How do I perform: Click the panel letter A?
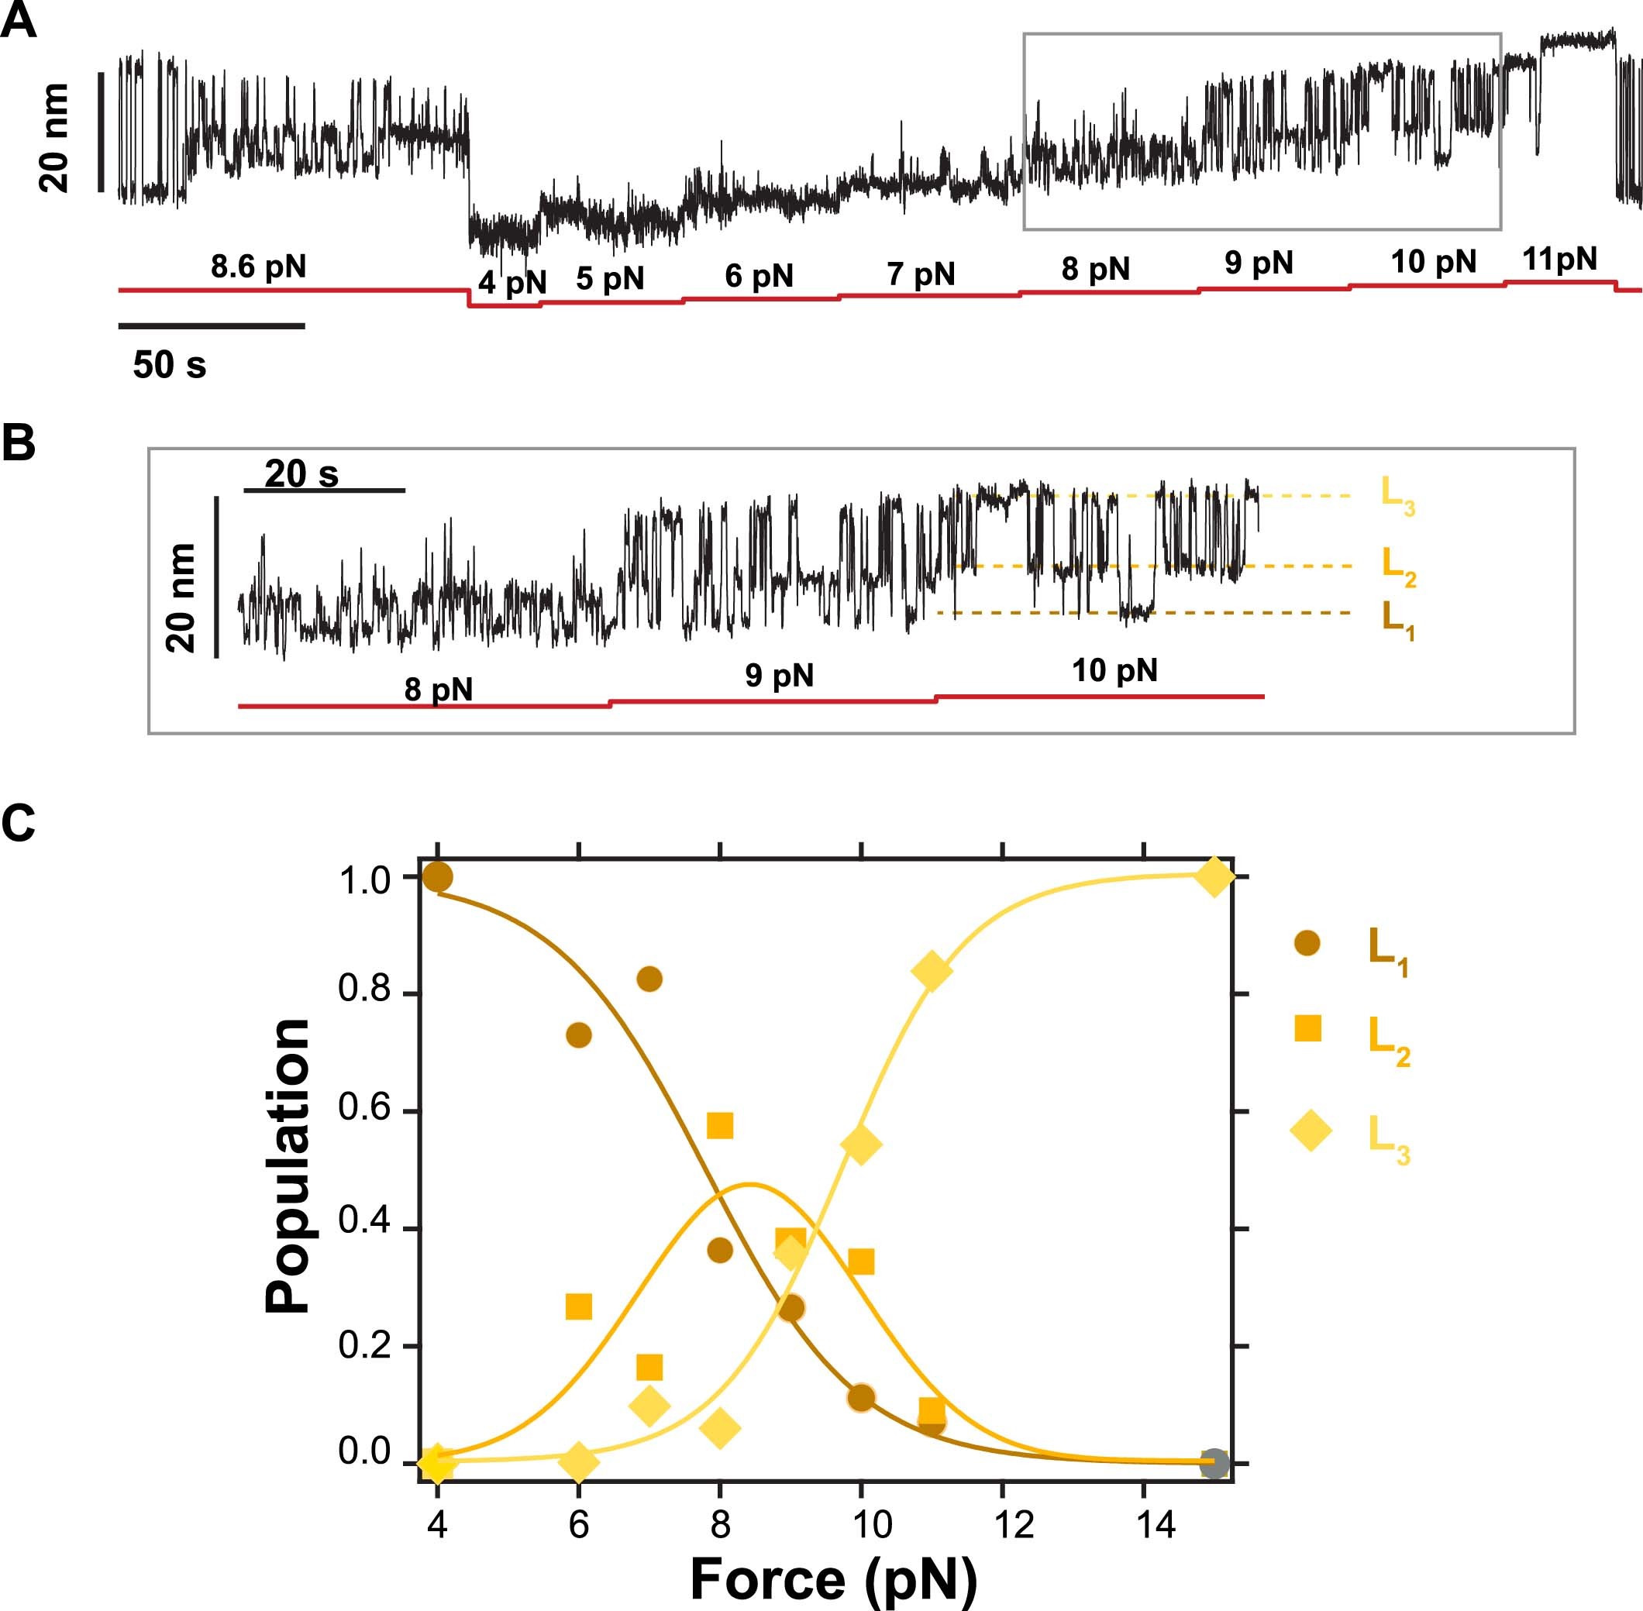click(x=19, y=20)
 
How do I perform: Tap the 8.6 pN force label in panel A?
click(x=258, y=267)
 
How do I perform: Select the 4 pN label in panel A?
click(x=511, y=282)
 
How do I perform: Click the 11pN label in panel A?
click(x=1559, y=259)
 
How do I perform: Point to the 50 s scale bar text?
click(x=169, y=365)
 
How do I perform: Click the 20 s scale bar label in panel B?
click(x=301, y=473)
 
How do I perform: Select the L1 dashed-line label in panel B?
click(x=1397, y=619)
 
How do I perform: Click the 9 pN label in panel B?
click(x=778, y=675)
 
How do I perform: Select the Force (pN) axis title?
click(x=833, y=1579)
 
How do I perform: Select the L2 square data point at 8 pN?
click(x=719, y=1125)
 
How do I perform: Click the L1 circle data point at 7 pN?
click(x=649, y=979)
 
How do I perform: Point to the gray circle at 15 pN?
click(x=1214, y=1463)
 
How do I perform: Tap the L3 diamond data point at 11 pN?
click(x=932, y=969)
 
